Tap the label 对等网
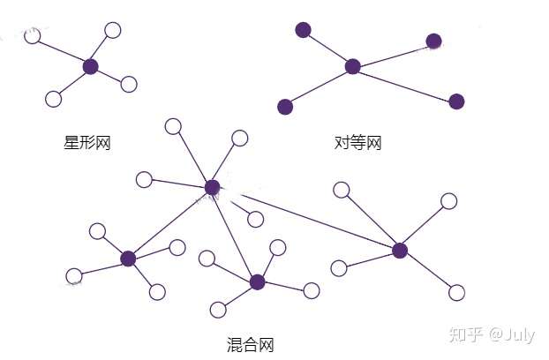358,143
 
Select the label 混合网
251,345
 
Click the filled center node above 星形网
90,66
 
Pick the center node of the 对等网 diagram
353,66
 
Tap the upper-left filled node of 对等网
304,30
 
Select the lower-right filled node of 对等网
456,101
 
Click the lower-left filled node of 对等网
285,107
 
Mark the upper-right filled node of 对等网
433,41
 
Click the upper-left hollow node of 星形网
33,36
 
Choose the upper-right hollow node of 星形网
113,31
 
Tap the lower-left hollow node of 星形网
53,98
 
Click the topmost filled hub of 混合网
212,187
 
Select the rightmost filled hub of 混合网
400,251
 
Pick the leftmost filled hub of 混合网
128,259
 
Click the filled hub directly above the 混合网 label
257,282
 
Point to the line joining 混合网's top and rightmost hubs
305,219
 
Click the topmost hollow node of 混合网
174,126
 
